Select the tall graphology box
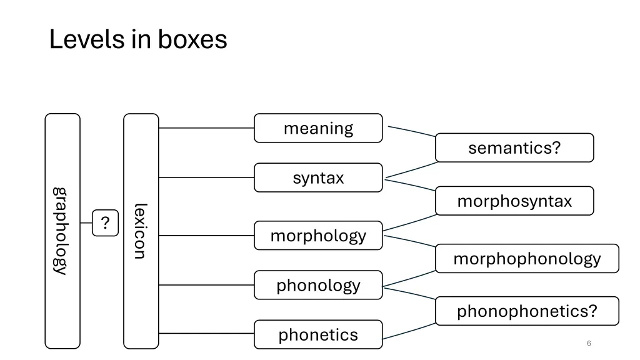click(62, 231)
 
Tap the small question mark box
click(105, 223)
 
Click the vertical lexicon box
click(141, 231)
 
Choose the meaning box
click(318, 128)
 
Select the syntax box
click(318, 177)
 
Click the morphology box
click(318, 236)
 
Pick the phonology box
click(318, 285)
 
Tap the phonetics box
click(318, 334)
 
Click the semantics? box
click(514, 148)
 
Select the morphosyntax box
click(514, 201)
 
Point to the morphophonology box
click(527, 259)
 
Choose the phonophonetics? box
click(527, 311)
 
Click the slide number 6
click(589, 343)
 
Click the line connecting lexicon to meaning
click(206, 128)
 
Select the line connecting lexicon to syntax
click(206, 177)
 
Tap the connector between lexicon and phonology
click(206, 285)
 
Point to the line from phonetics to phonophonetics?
click(409, 332)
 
